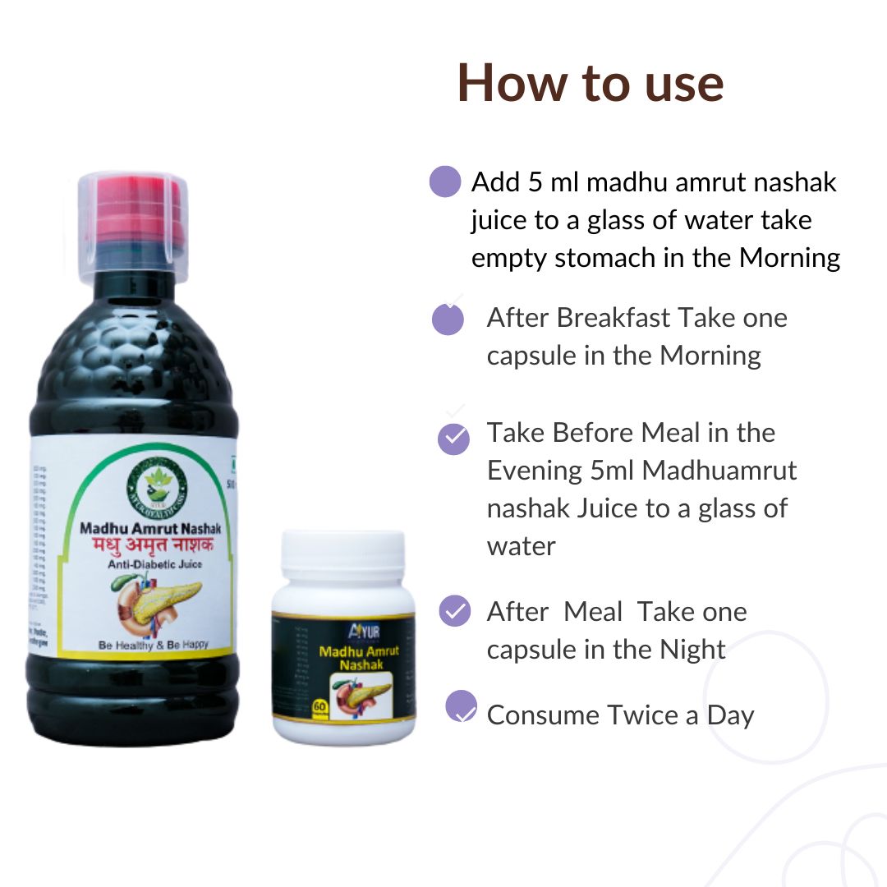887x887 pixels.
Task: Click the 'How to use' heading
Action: click(591, 82)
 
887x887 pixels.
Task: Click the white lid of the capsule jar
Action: click(342, 555)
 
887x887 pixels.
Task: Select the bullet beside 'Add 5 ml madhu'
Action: click(445, 182)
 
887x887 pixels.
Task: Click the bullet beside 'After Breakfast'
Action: click(448, 319)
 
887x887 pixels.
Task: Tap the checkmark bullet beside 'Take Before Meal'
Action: click(453, 439)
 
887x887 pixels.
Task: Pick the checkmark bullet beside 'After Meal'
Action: click(454, 612)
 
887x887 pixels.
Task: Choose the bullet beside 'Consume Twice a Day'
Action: click(462, 706)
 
